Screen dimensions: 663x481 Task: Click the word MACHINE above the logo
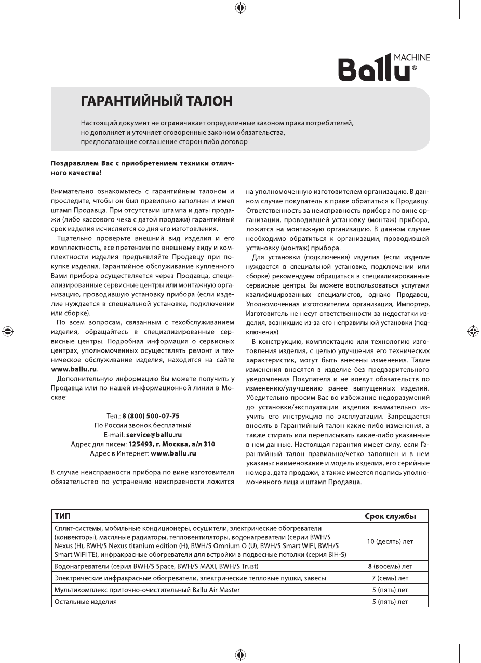(412, 57)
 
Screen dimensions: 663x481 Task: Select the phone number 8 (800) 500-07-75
(151, 416)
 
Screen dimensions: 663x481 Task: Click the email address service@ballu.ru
(154, 435)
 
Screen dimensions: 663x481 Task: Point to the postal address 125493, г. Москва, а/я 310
(171, 444)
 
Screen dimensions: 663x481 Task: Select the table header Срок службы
(390, 516)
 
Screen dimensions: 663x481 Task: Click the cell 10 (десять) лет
(390, 541)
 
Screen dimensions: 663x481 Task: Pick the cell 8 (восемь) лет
(390, 566)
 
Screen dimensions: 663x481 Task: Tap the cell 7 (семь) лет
(390, 578)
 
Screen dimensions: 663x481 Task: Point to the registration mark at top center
(240, 8)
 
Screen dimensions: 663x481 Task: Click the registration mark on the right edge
(473, 331)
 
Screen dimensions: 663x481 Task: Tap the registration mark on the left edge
(8, 331)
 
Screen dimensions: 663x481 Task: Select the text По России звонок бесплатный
(143, 425)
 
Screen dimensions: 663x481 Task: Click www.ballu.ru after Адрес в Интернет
(173, 453)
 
